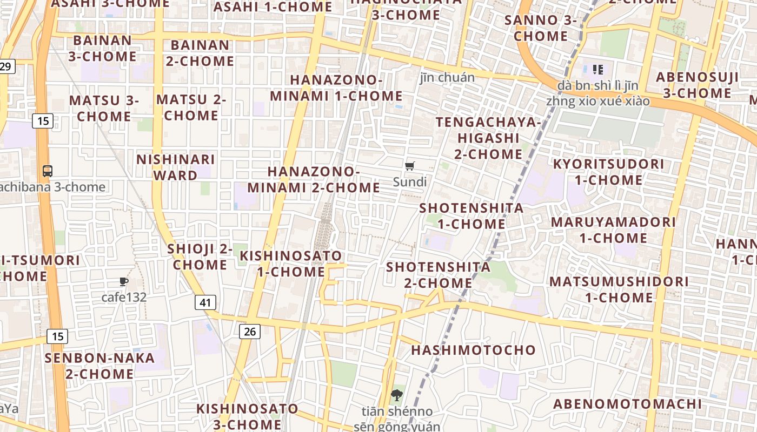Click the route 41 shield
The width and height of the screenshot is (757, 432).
[205, 302]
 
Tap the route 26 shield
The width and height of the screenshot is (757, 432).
[249, 332]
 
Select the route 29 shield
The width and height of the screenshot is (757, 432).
[5, 66]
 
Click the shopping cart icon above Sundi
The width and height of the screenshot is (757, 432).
[410, 166]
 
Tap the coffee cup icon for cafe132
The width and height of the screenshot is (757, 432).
[124, 281]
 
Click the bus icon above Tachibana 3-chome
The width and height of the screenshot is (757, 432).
[48, 171]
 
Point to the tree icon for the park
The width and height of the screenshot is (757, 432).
[397, 395]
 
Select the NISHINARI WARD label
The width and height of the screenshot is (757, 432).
[176, 167]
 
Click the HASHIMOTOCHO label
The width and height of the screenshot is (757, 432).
[473, 350]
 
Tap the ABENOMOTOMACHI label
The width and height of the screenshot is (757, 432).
[627, 404]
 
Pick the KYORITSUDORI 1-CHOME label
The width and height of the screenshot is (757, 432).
[608, 172]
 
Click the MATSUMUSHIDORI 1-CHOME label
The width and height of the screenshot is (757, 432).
[619, 289]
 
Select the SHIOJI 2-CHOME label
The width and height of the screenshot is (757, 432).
[200, 257]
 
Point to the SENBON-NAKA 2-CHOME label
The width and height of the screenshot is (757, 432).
[99, 366]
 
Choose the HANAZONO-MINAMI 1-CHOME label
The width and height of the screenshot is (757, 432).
[336, 88]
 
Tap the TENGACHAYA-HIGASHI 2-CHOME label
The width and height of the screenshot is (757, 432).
[488, 138]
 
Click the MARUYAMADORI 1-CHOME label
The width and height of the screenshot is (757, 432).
[613, 230]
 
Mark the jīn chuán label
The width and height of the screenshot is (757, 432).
[447, 78]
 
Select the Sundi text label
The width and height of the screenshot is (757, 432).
[410, 182]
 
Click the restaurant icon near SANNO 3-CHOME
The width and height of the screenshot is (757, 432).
[597, 69]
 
